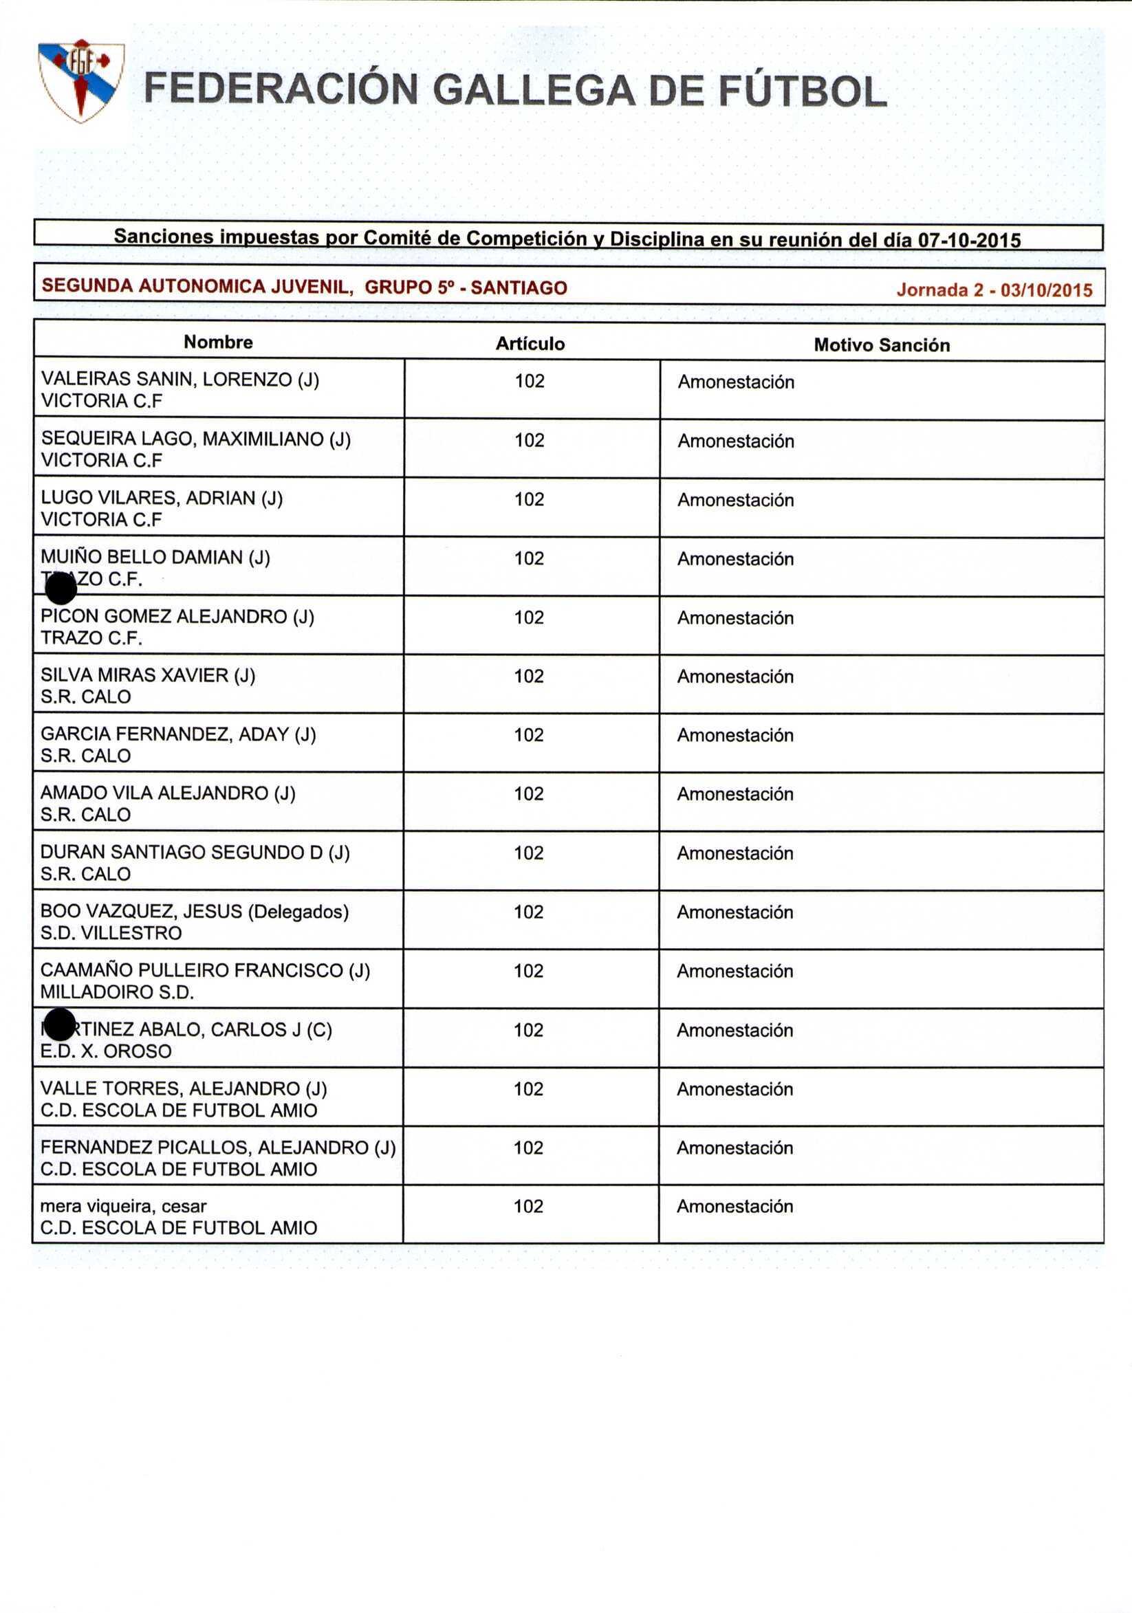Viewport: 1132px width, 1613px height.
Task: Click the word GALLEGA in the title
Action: [534, 91]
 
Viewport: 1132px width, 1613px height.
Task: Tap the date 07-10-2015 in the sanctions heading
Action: [969, 240]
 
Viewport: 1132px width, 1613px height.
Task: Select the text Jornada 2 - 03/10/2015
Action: [994, 289]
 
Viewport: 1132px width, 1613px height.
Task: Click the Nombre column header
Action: [218, 342]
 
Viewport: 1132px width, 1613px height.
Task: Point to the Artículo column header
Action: [530, 344]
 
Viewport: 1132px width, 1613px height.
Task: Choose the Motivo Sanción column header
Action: [881, 345]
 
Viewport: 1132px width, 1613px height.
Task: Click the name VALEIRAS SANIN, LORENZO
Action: [180, 380]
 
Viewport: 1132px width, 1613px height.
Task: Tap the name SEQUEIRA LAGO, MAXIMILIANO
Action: [195, 439]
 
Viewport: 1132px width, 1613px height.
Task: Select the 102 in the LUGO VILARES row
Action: [529, 499]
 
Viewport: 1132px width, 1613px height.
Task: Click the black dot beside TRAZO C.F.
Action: [61, 588]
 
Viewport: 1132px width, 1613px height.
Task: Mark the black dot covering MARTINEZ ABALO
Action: [60, 1024]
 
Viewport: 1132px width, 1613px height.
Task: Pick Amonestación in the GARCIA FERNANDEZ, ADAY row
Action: [735, 735]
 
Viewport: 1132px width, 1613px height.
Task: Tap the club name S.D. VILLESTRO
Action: [111, 933]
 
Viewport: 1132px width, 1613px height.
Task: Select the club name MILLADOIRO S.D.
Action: [117, 992]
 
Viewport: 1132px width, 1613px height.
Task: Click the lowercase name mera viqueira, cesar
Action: [123, 1206]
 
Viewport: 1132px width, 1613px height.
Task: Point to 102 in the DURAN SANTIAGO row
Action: [528, 853]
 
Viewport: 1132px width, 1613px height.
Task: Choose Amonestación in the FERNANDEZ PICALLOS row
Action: [734, 1148]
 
